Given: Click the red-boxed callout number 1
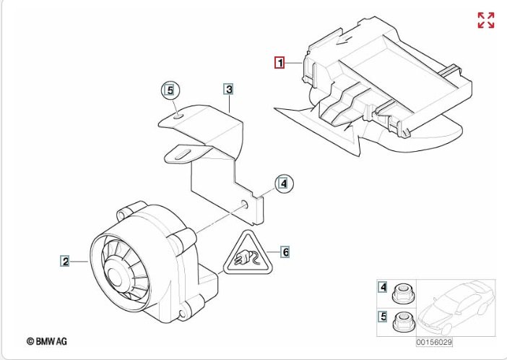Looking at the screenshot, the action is (279, 62).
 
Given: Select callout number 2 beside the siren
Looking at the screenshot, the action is (65, 261).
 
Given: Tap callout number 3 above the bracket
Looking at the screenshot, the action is (229, 89).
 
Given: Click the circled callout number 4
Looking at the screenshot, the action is (284, 184).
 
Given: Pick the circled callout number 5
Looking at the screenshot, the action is (170, 90).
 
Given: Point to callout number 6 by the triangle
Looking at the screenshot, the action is (285, 252).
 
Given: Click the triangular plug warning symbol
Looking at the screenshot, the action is (248, 254).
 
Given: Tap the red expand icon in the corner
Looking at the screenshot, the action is (486, 20).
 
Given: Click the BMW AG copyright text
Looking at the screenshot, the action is (47, 341).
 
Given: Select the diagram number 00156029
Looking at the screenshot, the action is (434, 342).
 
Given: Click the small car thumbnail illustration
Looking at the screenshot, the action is (456, 307).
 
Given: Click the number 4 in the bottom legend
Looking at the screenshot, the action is (383, 287).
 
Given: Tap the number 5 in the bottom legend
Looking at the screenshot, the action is (383, 316).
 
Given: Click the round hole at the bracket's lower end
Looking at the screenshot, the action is (244, 204).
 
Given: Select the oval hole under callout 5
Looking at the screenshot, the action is (178, 116).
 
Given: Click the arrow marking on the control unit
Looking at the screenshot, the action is (346, 40).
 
